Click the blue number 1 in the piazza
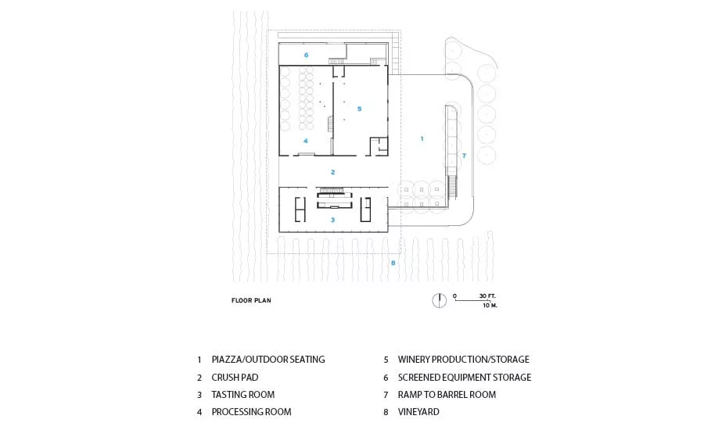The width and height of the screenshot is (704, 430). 422,138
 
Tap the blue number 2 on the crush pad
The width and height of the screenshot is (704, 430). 332,172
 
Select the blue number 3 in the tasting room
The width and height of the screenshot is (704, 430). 332,220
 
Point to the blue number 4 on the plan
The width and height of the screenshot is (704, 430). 306,141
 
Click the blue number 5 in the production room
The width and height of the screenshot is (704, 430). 359,109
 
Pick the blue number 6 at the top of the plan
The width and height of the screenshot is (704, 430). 306,55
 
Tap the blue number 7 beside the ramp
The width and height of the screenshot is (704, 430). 464,156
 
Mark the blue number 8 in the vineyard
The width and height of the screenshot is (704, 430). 393,263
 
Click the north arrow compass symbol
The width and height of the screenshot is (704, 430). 439,300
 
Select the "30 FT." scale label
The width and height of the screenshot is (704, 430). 487,296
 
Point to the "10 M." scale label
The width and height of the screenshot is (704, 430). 490,305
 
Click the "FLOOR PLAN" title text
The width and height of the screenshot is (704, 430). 251,300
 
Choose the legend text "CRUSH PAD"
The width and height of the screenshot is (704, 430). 235,378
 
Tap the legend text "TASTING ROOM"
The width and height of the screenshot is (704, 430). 243,395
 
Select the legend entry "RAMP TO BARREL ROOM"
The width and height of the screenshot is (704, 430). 447,395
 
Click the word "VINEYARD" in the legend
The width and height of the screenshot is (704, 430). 418,411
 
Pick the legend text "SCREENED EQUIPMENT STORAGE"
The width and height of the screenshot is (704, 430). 464,378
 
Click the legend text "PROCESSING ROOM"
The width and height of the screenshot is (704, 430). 251,411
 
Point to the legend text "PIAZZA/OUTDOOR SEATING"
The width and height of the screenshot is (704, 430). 268,360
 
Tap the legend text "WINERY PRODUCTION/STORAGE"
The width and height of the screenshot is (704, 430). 463,360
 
